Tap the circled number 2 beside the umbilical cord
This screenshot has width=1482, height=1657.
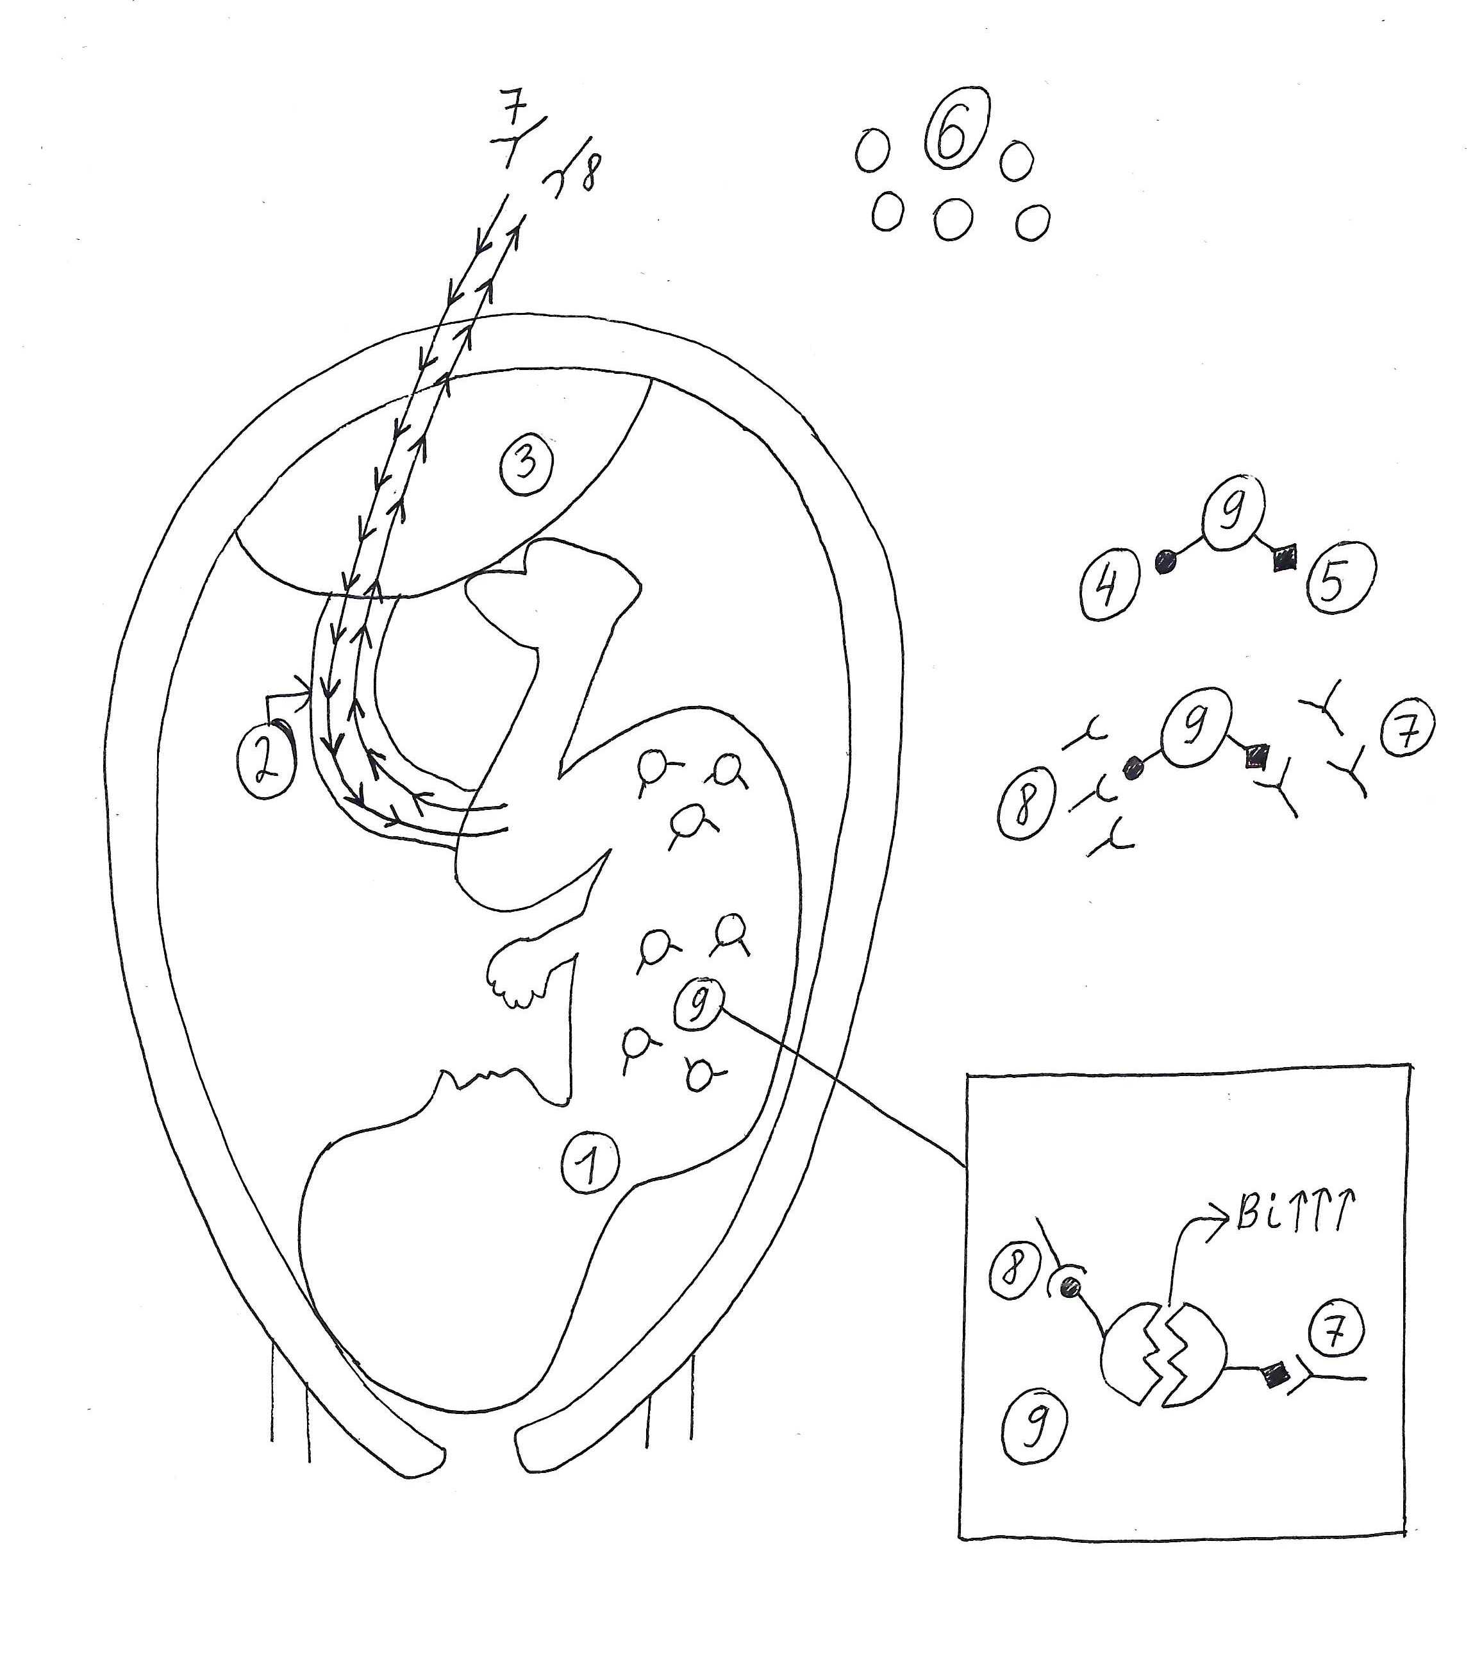click(267, 762)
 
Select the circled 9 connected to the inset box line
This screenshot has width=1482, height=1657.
click(698, 1007)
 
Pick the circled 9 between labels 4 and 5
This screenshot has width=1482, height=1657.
click(1235, 514)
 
